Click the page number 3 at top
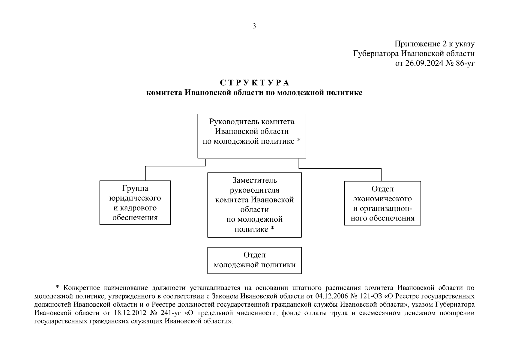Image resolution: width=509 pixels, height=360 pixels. pyautogui.click(x=254, y=26)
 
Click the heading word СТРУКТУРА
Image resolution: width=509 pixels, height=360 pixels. pyautogui.click(x=254, y=82)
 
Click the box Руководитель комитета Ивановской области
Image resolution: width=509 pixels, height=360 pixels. pyautogui.click(x=252, y=136)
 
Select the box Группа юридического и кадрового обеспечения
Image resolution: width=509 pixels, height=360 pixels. pyautogui.click(x=135, y=202)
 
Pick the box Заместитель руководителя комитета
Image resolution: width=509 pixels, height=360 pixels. pyautogui.click(x=254, y=205)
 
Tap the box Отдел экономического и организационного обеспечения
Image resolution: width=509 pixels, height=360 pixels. pyautogui.click(x=382, y=203)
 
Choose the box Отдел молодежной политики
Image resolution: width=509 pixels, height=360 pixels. pyautogui.click(x=254, y=260)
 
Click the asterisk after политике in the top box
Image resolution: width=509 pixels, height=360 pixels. pyautogui.click(x=299, y=141)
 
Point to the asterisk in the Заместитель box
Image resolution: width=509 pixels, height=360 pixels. pyautogui.click(x=272, y=229)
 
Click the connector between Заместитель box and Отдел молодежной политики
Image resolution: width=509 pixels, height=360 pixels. pyautogui.click(x=252, y=242)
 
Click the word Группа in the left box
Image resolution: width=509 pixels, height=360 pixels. pyautogui.click(x=135, y=188)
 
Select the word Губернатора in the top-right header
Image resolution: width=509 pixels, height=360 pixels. pyautogui.click(x=376, y=54)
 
